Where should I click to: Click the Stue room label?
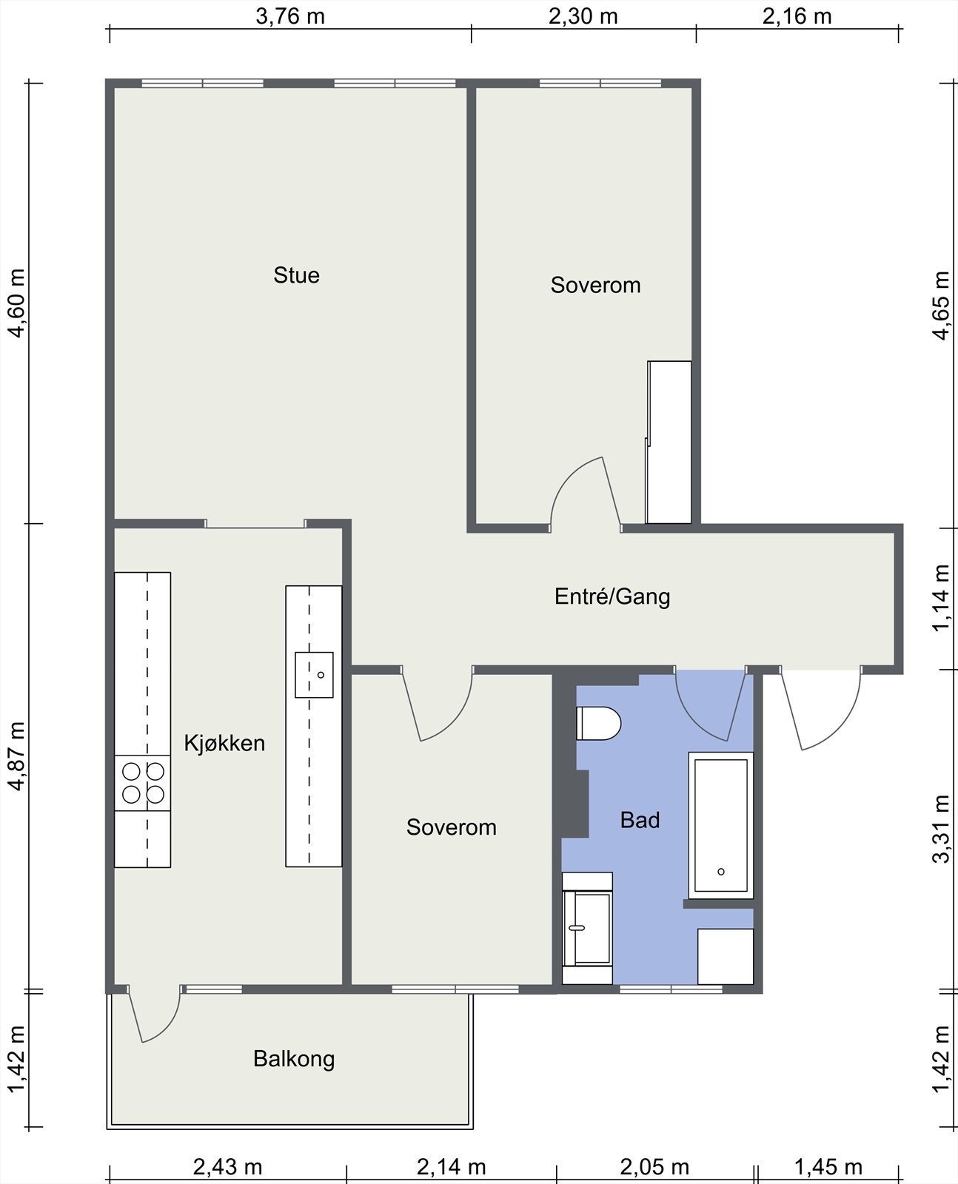(x=296, y=275)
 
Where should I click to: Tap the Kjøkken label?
(x=224, y=743)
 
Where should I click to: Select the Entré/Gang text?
(x=612, y=596)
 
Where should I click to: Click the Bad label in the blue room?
(x=640, y=820)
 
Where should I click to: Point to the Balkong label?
(x=294, y=1059)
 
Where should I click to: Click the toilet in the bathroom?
(x=598, y=723)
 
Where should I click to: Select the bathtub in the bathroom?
(x=721, y=825)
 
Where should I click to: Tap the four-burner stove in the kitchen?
(x=143, y=783)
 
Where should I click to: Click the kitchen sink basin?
(x=314, y=675)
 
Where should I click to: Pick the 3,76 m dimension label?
(x=290, y=17)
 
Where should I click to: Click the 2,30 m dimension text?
(x=583, y=17)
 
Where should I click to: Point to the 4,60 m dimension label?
(x=17, y=303)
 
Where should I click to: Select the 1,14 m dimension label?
(x=941, y=598)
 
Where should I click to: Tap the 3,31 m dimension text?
(x=941, y=829)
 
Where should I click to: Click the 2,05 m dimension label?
(x=654, y=1167)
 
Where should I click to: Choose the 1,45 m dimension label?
(x=828, y=1167)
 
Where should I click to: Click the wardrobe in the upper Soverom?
(x=669, y=442)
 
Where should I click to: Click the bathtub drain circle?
(x=721, y=872)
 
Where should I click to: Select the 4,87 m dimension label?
(x=17, y=756)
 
